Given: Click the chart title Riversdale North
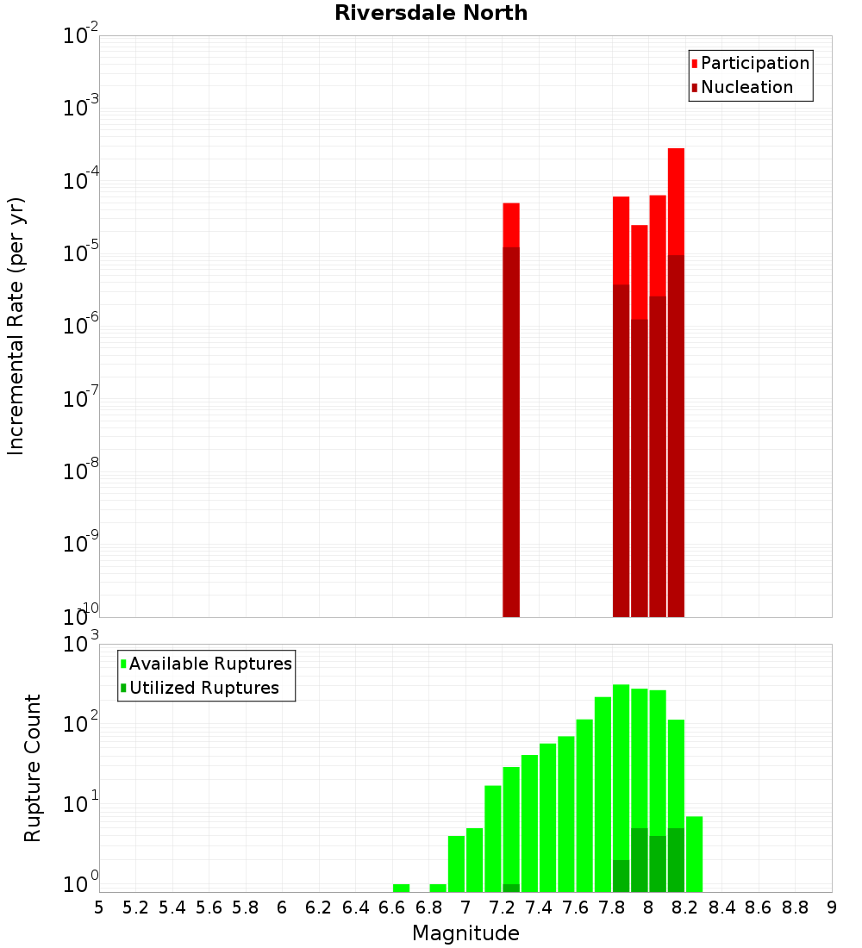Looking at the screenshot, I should coord(431,13).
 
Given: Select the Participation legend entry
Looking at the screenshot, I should coord(754,63).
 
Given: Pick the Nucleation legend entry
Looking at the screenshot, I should coord(746,87).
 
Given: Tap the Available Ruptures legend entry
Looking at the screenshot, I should coord(209,664).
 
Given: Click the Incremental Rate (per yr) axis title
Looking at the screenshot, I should coord(16,327).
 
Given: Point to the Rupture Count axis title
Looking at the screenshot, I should coord(33,768).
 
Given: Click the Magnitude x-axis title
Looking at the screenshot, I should coord(465,933).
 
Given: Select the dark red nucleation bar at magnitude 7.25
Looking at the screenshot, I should coord(511,431).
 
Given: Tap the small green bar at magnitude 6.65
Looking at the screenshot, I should coord(401,888).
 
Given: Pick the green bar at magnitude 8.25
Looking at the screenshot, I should coord(694,853).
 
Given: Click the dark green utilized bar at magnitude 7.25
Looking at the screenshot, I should coord(511,888).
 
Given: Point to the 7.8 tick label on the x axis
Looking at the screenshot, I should coord(612,907).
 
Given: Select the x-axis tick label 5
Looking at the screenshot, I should coord(99,907).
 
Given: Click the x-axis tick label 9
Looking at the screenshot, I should coord(832,907).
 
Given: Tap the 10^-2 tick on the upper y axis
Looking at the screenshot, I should coord(80,36).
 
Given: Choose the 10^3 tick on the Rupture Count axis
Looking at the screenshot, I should coord(80,645).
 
